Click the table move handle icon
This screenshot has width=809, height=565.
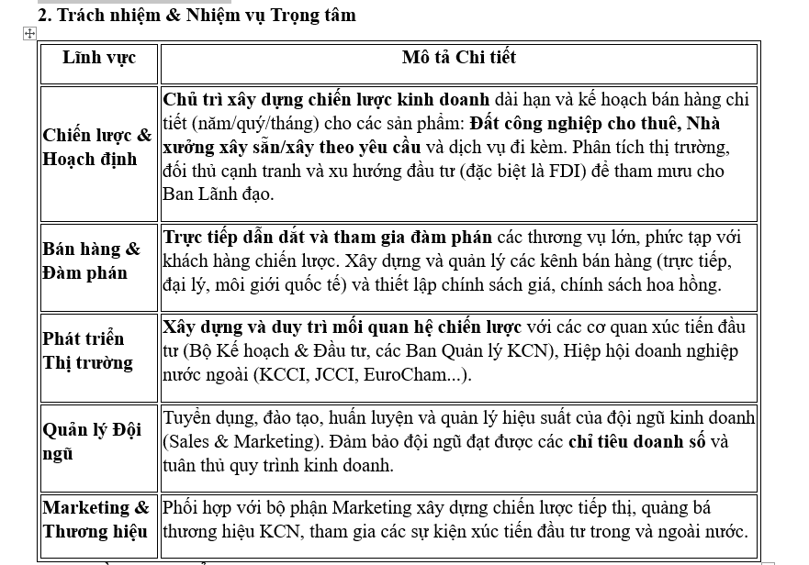click(x=28, y=33)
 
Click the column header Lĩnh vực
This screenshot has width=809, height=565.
click(x=98, y=58)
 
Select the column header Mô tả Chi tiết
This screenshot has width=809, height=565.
click(x=458, y=58)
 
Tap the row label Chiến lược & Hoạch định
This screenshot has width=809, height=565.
click(x=97, y=147)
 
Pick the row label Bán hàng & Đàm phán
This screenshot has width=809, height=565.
click(x=92, y=260)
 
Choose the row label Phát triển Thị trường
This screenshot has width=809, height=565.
click(x=87, y=350)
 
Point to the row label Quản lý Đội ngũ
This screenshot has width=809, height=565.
click(x=92, y=441)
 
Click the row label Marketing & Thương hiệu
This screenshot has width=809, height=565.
click(x=96, y=519)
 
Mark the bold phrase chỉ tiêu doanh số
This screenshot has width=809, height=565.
click(x=637, y=441)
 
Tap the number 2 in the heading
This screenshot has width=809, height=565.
click(x=42, y=15)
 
